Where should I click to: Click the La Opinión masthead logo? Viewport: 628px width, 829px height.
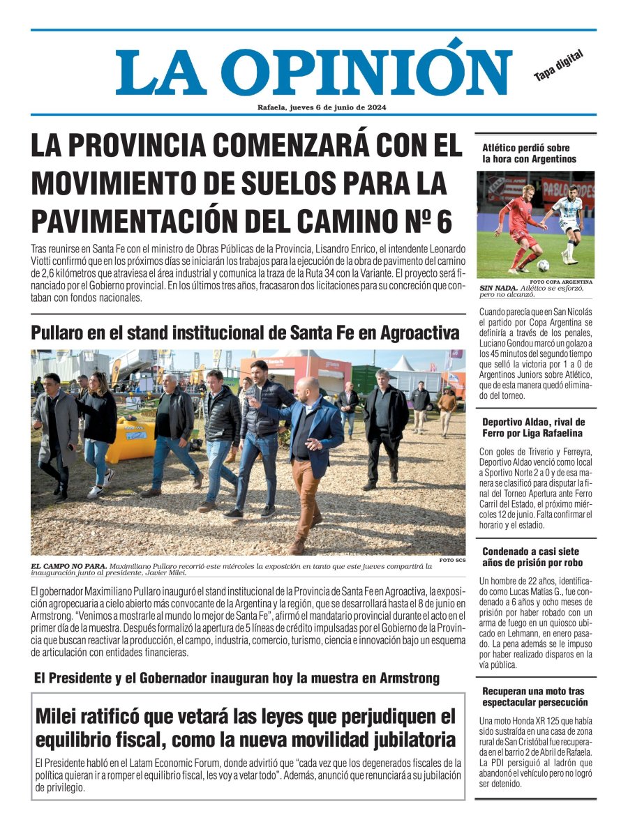313,73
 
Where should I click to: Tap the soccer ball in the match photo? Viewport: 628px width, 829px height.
543,266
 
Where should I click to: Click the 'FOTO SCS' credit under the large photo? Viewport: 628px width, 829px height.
451,560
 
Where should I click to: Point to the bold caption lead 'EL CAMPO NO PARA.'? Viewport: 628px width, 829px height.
69,565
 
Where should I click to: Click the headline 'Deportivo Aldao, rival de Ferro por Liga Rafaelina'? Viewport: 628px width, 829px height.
534,427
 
